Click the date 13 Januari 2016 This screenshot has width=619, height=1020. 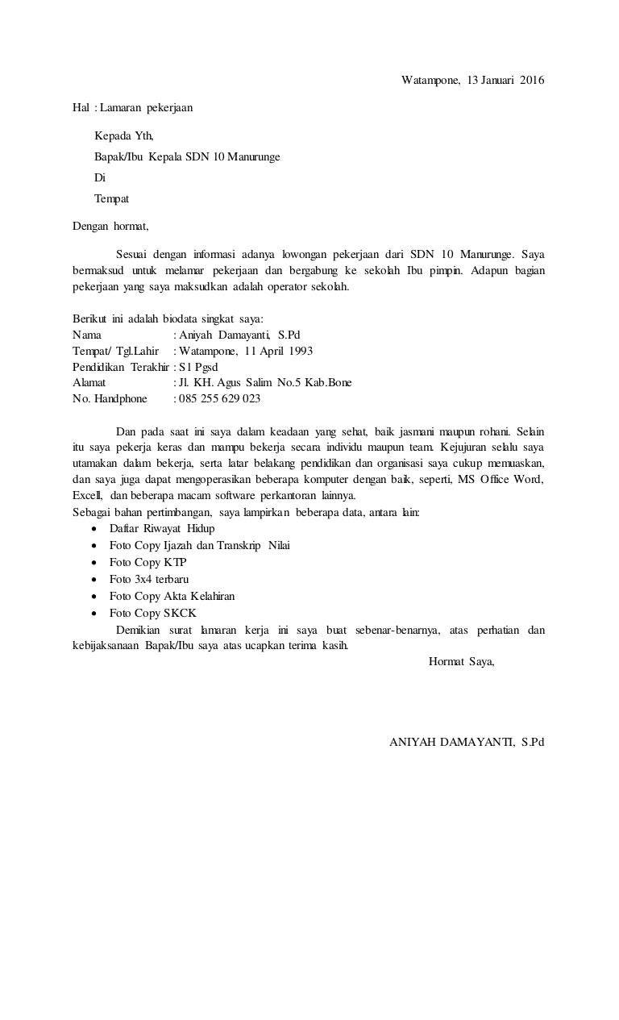pos(506,80)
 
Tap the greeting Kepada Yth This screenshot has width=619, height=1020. pos(123,135)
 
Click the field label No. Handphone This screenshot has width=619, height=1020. pos(110,398)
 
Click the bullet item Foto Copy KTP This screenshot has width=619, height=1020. pos(147,562)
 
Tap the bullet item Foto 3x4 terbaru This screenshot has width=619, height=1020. pos(149,579)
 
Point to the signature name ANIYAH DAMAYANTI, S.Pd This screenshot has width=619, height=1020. pos(467,742)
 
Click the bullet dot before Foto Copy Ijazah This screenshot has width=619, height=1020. pos(97,546)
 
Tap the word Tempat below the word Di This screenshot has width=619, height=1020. pos(112,198)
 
